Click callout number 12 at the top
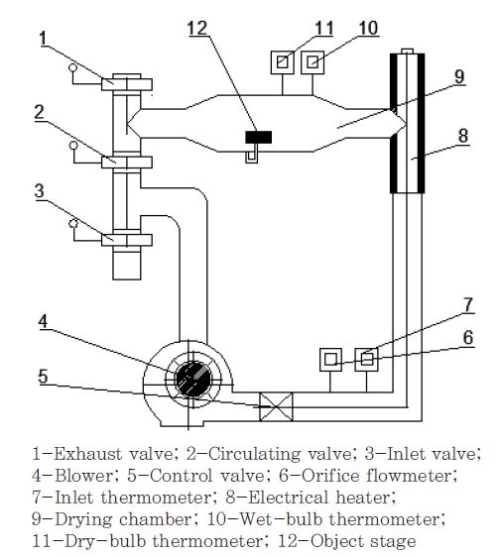coord(197,28)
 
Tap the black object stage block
coord(259,137)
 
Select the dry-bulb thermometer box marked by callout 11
coord(283,62)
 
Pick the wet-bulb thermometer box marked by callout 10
coord(313,62)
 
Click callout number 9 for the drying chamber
coord(459,76)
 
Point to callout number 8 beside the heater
coord(463,136)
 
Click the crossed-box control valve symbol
coord(276,406)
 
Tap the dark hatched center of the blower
coord(193,379)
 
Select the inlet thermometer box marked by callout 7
coord(367,360)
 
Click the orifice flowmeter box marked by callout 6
coord(330,360)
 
